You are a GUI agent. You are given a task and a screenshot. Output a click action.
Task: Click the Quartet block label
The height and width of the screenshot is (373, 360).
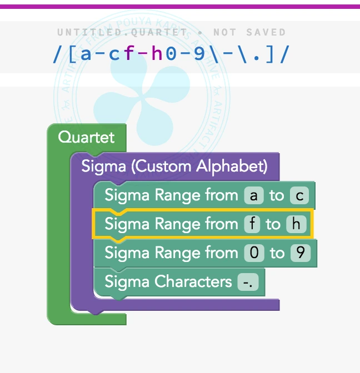pos(86,137)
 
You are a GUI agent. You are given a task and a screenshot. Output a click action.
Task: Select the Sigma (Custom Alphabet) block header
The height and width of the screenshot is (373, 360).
pos(174,166)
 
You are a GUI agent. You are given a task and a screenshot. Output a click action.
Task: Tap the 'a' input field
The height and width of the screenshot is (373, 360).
pos(254,195)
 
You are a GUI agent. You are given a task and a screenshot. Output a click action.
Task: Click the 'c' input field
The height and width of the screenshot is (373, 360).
pos(298,195)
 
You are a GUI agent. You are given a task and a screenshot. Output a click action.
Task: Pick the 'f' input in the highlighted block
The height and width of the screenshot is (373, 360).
pos(252,224)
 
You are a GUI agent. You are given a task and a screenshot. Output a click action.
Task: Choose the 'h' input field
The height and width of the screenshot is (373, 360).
pos(297,224)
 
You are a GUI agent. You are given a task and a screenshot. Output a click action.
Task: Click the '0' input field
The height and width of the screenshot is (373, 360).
pos(254,253)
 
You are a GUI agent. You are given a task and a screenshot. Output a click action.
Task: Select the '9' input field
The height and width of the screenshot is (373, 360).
pos(300,253)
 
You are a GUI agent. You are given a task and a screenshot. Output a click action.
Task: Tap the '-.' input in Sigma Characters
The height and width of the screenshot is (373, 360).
pos(248,282)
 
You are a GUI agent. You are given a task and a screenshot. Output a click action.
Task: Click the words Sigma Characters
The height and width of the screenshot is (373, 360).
pos(168,282)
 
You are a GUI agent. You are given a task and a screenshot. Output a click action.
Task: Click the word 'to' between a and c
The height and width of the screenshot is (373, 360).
pos(276,195)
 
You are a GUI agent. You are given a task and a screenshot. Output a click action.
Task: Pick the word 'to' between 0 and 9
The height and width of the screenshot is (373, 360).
pos(277,253)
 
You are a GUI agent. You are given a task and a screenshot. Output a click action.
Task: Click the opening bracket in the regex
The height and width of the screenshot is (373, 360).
pos(71,54)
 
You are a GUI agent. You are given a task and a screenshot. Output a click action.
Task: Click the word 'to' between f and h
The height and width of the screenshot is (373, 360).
pos(273,224)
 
